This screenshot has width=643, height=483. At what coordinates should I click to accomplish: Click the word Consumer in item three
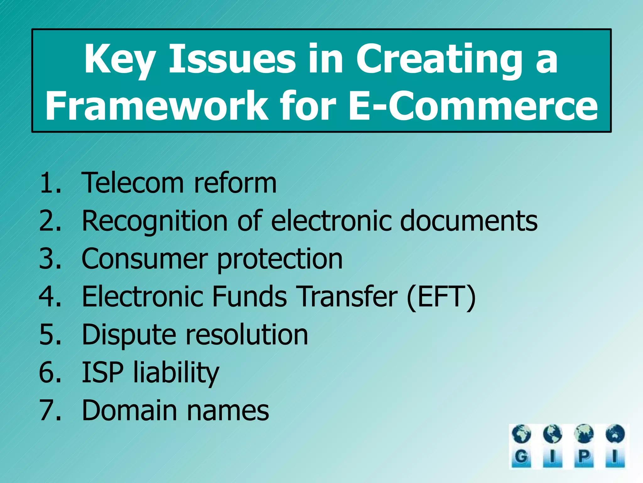click(144, 259)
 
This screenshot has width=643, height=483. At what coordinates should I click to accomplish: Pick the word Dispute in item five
click(129, 335)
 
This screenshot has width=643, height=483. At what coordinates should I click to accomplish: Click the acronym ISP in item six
click(102, 372)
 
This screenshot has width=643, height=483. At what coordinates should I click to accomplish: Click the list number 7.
click(47, 410)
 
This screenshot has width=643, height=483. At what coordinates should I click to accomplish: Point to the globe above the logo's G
click(521, 434)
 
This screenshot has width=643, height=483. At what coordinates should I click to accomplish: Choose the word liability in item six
click(176, 373)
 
